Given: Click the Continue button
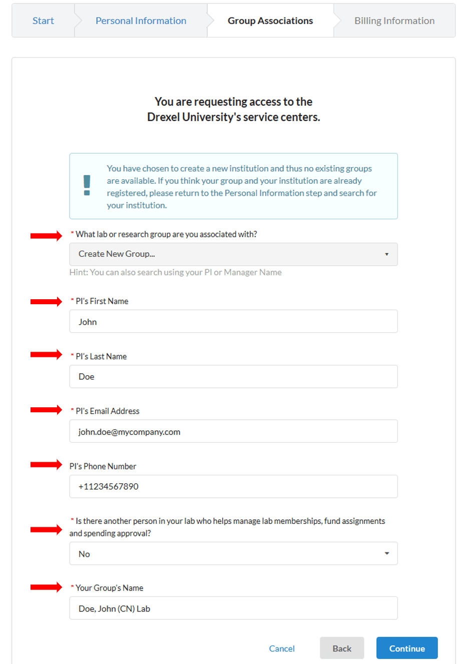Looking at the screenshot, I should pyautogui.click(x=407, y=648).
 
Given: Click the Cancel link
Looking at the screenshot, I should pyautogui.click(x=282, y=648).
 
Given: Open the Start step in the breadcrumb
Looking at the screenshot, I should pyautogui.click(x=43, y=21).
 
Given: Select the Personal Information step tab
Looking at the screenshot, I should pyautogui.click(x=141, y=21).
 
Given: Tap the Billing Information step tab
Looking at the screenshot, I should pyautogui.click(x=394, y=21).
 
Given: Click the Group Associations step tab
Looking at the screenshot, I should pyautogui.click(x=270, y=21).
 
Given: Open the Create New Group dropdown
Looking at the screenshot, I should pyautogui.click(x=233, y=254).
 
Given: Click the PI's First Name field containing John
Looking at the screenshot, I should pyautogui.click(x=233, y=321).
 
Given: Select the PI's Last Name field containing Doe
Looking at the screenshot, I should pyautogui.click(x=233, y=376).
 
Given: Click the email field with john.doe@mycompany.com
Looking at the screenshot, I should pyautogui.click(x=233, y=431).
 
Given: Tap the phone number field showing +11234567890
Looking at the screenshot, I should pyautogui.click(x=233, y=486).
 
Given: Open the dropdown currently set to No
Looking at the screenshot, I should pyautogui.click(x=233, y=553).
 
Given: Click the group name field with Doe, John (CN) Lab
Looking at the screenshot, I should pyautogui.click(x=233, y=608).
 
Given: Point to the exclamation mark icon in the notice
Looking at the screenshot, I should pyautogui.click(x=87, y=186).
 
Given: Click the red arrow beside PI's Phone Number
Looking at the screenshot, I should pyautogui.click(x=46, y=465).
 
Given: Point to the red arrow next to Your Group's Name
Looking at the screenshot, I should pyautogui.click(x=46, y=587).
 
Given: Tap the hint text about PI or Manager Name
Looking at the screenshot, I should pyautogui.click(x=175, y=272).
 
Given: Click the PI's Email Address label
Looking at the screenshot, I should pyautogui.click(x=107, y=411).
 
